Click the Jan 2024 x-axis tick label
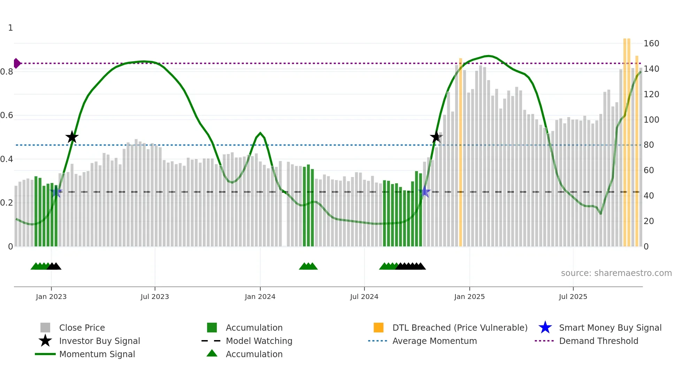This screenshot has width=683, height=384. [260, 297]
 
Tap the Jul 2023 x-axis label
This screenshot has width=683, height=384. [155, 297]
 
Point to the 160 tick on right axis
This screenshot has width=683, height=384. [651, 44]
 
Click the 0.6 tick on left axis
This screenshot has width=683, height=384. [7, 115]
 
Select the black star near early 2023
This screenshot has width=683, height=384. [72, 137]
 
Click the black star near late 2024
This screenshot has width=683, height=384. [436, 137]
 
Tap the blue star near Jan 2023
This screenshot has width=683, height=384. [56, 192]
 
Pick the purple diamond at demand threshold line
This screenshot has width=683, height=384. [17, 63]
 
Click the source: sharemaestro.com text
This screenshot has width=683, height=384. [616, 273]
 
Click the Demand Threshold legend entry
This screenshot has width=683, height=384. [598, 341]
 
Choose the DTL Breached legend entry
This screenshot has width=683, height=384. [460, 328]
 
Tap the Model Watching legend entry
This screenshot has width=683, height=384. [259, 341]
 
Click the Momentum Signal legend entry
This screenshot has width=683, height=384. [97, 354]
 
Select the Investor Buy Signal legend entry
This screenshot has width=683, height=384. [99, 341]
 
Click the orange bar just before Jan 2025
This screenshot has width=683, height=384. [460, 153]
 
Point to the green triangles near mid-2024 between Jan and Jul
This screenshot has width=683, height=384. [308, 266]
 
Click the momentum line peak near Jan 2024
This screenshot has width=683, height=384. [260, 133]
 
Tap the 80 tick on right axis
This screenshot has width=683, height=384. [649, 145]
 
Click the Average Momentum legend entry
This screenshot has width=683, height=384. [434, 341]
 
